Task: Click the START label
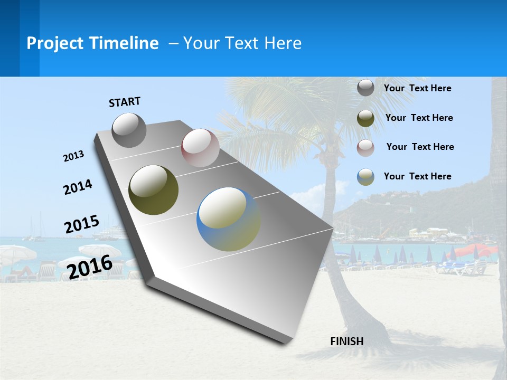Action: pyautogui.click(x=125, y=102)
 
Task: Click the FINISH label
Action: pyautogui.click(x=346, y=341)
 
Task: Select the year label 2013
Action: pyautogui.click(x=74, y=156)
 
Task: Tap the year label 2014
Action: pyautogui.click(x=78, y=187)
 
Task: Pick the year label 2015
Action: pyautogui.click(x=81, y=224)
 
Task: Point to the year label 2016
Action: pyautogui.click(x=90, y=267)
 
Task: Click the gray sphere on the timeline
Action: pyautogui.click(x=129, y=130)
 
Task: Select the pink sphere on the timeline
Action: pyautogui.click(x=200, y=147)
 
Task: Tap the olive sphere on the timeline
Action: pyautogui.click(x=153, y=190)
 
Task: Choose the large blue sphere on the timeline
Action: pyautogui.click(x=228, y=219)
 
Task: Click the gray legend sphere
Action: pyautogui.click(x=365, y=88)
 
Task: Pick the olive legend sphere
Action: pyautogui.click(x=365, y=118)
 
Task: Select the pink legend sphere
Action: pyautogui.click(x=365, y=147)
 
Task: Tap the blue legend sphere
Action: pyautogui.click(x=365, y=177)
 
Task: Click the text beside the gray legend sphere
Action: pyautogui.click(x=417, y=88)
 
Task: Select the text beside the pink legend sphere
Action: pyautogui.click(x=420, y=147)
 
